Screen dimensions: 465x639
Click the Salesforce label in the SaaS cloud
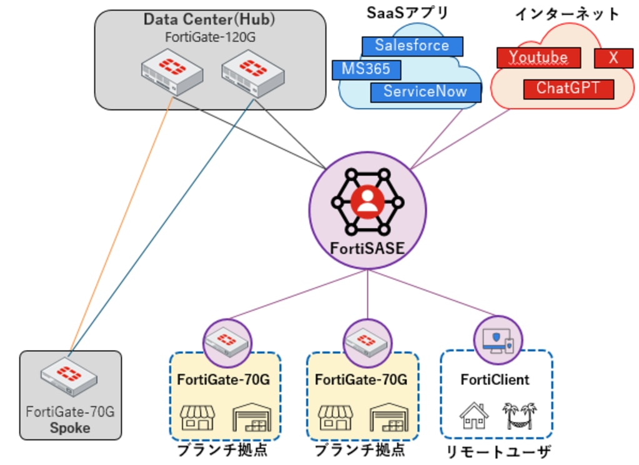(x=412, y=46)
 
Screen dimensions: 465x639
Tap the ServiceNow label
(x=425, y=92)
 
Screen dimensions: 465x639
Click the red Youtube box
(x=538, y=58)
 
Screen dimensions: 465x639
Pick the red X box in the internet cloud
(x=613, y=58)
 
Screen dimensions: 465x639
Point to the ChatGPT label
(x=568, y=88)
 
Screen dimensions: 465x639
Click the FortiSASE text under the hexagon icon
(x=367, y=249)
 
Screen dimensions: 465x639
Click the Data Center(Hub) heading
(x=210, y=19)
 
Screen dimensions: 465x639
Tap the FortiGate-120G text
(x=210, y=37)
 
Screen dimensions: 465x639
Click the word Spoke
(x=70, y=428)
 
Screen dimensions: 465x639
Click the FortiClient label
(x=495, y=379)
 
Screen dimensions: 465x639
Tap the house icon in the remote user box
(x=474, y=415)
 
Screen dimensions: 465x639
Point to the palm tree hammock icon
(x=520, y=415)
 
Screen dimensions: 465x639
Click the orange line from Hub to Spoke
(x=122, y=225)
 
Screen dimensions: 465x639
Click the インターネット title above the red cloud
(x=567, y=14)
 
